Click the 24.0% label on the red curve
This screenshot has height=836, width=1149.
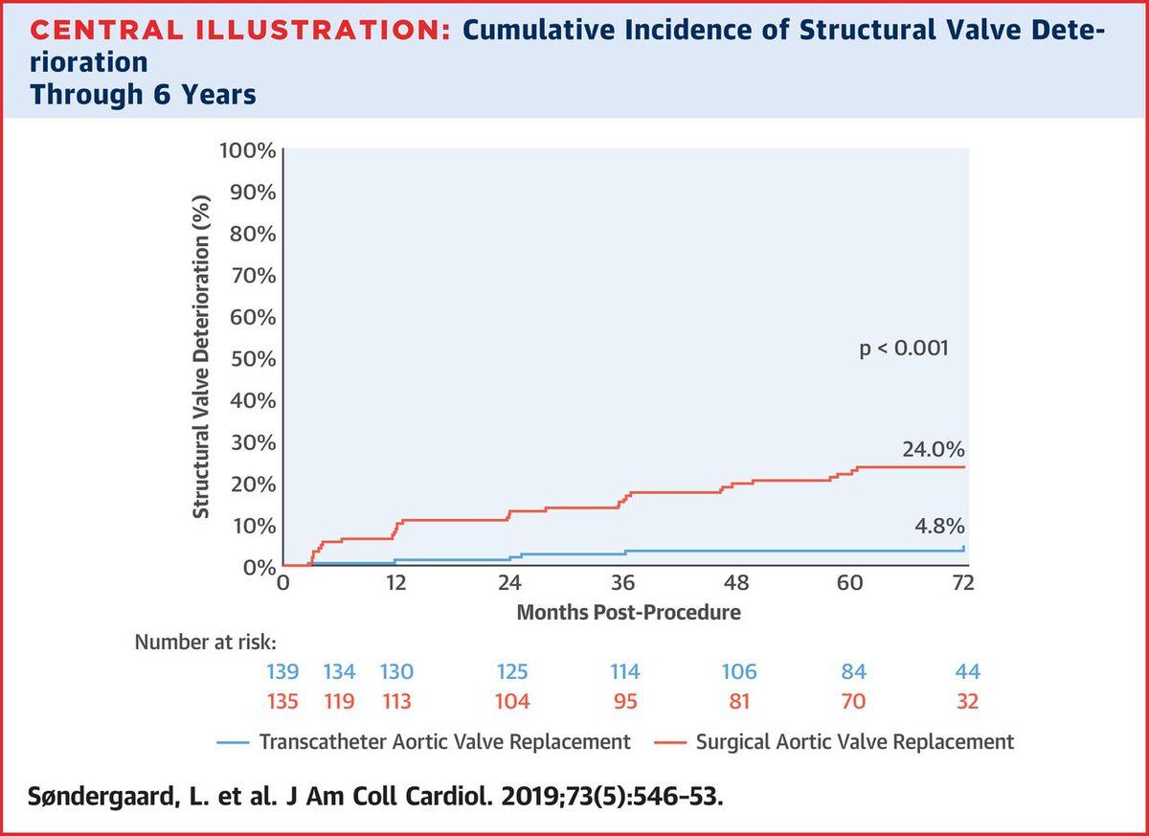[x=933, y=450]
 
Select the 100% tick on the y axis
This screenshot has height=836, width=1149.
[x=250, y=150]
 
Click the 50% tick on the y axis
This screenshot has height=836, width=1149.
[x=254, y=359]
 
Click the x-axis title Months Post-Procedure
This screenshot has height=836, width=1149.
[x=628, y=612]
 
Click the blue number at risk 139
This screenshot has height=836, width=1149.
[x=283, y=671]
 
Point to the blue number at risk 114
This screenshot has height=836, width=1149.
[x=623, y=671]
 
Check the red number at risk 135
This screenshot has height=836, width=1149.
[x=283, y=702]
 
